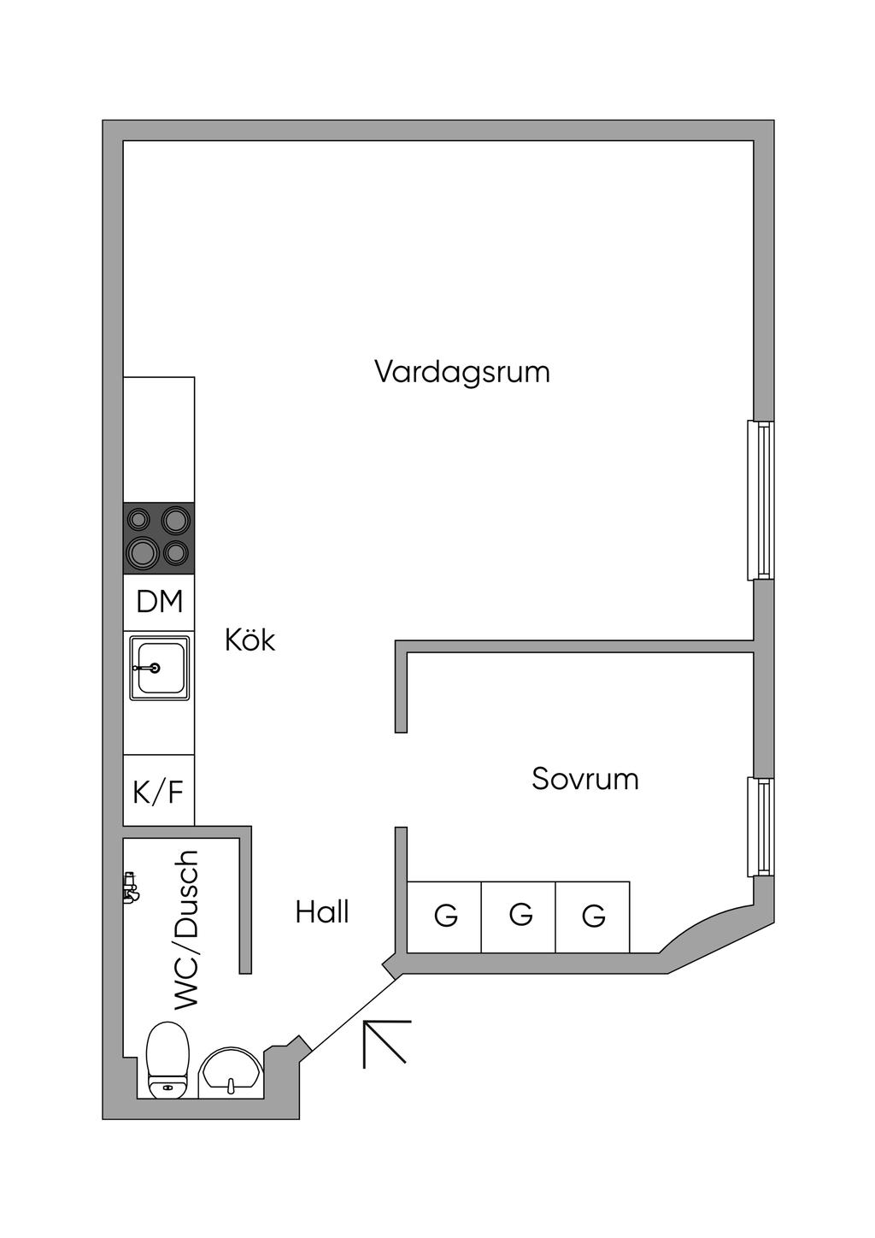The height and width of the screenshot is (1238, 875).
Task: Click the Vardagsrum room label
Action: (x=461, y=372)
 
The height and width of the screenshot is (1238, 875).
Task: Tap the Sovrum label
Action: (x=584, y=779)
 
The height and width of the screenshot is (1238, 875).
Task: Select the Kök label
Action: (x=250, y=640)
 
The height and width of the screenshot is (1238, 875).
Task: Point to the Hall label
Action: (x=322, y=912)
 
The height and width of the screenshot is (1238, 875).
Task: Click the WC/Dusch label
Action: (x=186, y=930)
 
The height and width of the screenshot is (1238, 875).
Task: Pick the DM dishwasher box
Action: (x=159, y=602)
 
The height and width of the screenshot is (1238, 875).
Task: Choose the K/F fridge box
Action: (x=159, y=791)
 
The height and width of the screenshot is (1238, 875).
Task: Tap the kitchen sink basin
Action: (x=159, y=668)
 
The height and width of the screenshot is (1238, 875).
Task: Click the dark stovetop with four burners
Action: (x=159, y=538)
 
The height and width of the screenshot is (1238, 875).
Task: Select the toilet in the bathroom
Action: (x=167, y=1060)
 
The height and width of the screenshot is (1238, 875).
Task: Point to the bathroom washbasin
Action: (x=230, y=1073)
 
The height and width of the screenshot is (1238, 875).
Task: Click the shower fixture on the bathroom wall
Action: (x=130, y=888)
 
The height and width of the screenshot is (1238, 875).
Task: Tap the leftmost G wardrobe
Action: (x=444, y=917)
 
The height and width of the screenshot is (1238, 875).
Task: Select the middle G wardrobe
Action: (x=519, y=917)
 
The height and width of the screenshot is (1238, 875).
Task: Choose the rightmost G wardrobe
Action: (x=593, y=917)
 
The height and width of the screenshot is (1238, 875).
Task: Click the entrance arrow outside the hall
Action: (x=386, y=1043)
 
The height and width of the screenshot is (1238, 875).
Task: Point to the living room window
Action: (x=760, y=500)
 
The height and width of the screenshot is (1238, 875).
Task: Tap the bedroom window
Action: (x=760, y=827)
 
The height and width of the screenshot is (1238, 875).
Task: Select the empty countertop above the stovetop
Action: (x=159, y=439)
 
